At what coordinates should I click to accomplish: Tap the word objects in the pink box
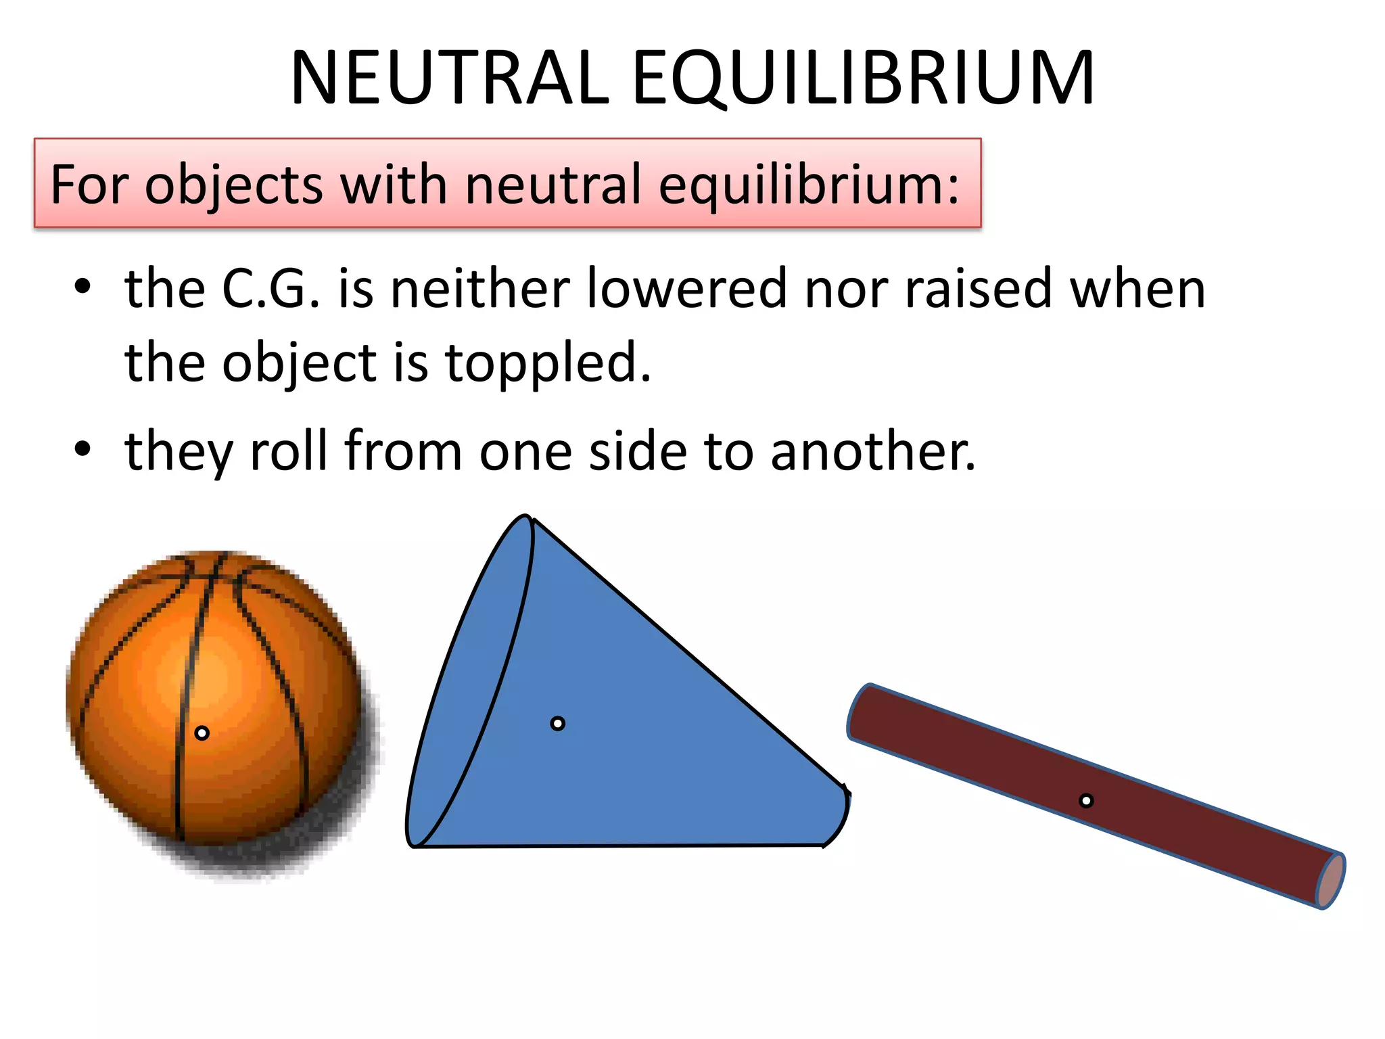point(233,185)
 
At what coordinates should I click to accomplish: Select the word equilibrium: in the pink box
point(808,185)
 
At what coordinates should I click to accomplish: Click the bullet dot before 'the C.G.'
point(83,287)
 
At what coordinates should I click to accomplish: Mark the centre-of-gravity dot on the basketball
point(202,733)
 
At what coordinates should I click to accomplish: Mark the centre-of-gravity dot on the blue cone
point(557,724)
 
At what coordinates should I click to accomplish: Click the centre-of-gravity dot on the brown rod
point(1086,801)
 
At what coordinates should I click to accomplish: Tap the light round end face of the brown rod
point(1330,880)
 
